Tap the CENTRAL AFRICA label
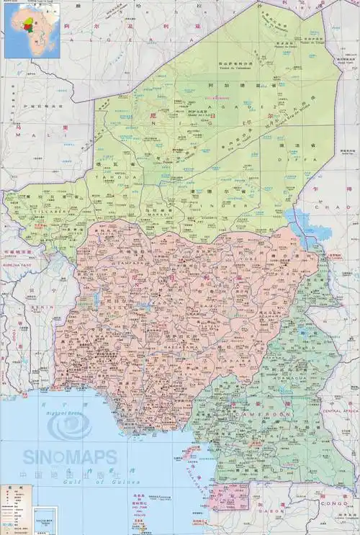(x=340, y=410)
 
